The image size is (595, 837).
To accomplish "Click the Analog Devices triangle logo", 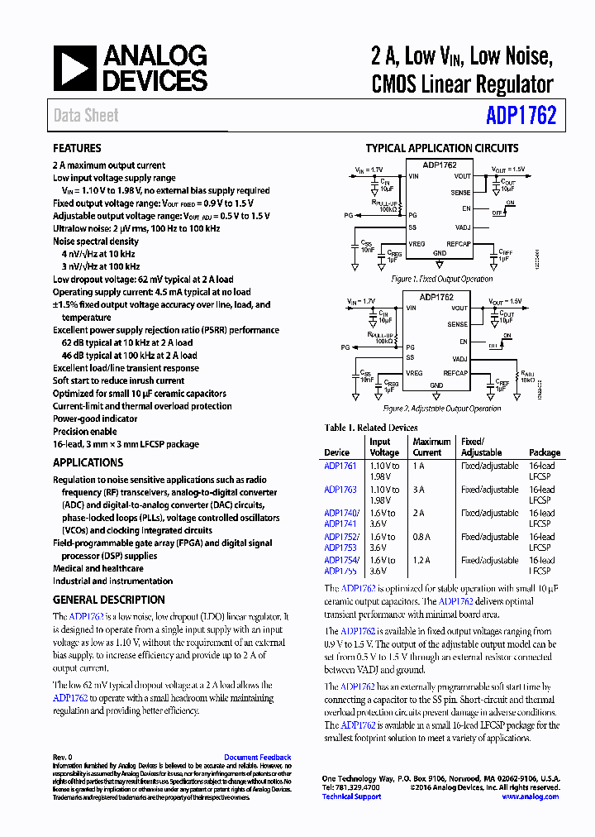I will coord(75,68).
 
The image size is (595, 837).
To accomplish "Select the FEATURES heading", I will coord(77,148).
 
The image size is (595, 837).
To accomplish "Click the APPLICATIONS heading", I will coord(88,462).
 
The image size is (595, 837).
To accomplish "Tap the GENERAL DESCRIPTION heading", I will coord(108,600).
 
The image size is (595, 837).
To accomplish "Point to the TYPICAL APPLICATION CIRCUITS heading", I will coord(442,149).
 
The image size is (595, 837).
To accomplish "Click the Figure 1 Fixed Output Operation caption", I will coord(442,280).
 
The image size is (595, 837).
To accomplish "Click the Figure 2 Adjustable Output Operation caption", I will coord(442,409).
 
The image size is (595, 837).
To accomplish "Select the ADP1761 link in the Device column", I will coord(340,466).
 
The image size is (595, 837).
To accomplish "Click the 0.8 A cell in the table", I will coord(422,536).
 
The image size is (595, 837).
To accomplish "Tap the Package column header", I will coord(544,452).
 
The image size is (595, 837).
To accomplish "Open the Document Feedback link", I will coord(257,757).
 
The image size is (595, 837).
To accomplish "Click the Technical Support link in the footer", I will coord(351,796).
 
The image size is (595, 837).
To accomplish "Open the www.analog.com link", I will coord(530,796).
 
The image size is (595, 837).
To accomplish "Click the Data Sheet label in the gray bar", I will coord(86,115).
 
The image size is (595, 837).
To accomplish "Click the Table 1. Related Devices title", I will coord(371,428).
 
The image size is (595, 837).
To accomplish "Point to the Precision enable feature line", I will coord(84,431).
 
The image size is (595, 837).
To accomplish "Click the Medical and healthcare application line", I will coord(98,568).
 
